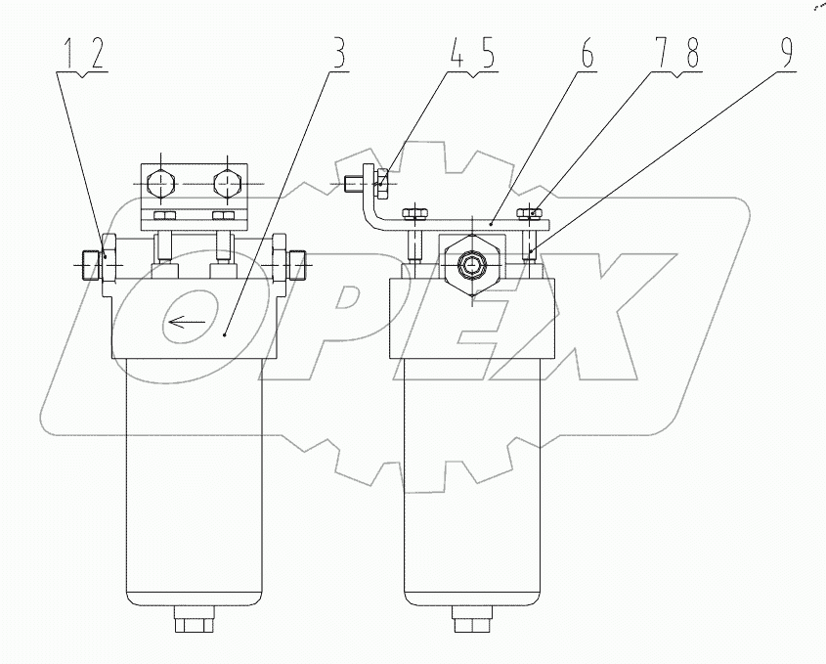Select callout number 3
click(x=339, y=56)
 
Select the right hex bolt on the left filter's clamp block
click(x=227, y=183)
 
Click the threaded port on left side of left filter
click(x=89, y=262)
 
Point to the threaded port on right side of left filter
click(x=299, y=261)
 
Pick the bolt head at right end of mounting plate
click(x=531, y=211)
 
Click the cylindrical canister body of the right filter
click(x=472, y=479)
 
